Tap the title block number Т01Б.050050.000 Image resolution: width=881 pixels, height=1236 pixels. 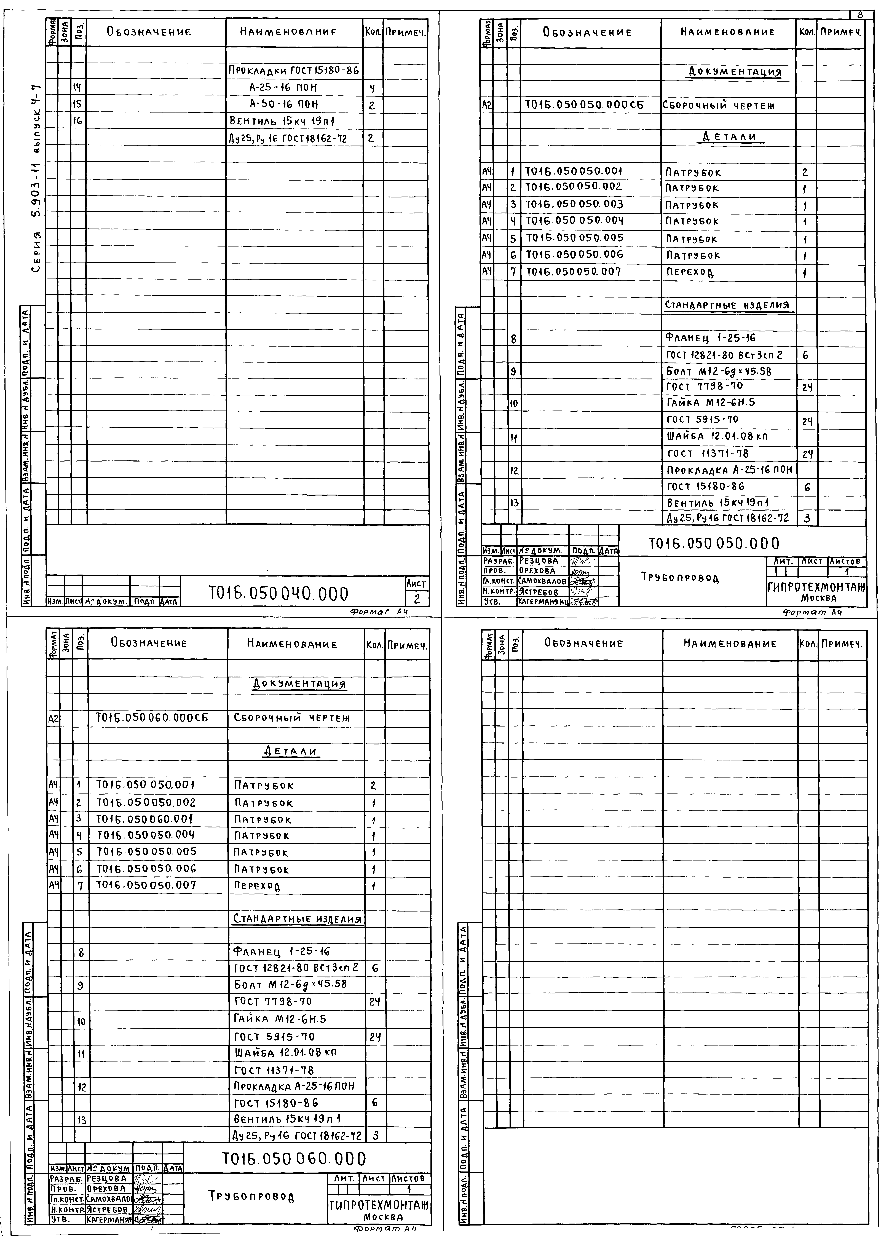pyautogui.click(x=713, y=543)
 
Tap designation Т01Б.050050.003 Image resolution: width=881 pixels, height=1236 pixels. pyautogui.click(x=574, y=204)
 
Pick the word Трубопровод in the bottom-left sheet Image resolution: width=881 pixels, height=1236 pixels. pyautogui.click(x=252, y=1196)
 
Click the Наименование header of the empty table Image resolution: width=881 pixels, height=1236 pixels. pyautogui.click(x=730, y=644)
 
